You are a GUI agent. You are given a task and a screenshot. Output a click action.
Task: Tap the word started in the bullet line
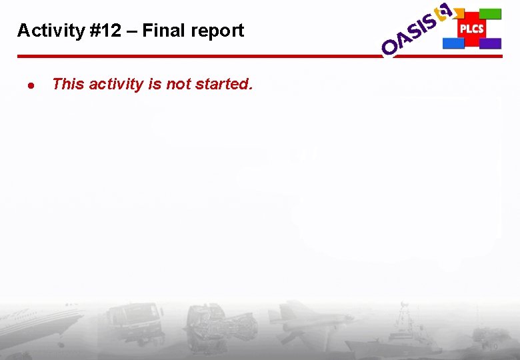pyautogui.click(x=223, y=84)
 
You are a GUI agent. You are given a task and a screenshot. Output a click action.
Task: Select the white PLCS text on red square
pyautogui.click(x=471, y=29)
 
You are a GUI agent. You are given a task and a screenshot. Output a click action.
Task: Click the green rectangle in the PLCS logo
pyautogui.click(x=491, y=14)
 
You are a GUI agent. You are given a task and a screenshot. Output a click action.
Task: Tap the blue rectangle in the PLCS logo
pyautogui.click(x=453, y=43)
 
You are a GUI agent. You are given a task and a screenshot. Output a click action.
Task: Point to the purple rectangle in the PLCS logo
pyautogui.click(x=491, y=43)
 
